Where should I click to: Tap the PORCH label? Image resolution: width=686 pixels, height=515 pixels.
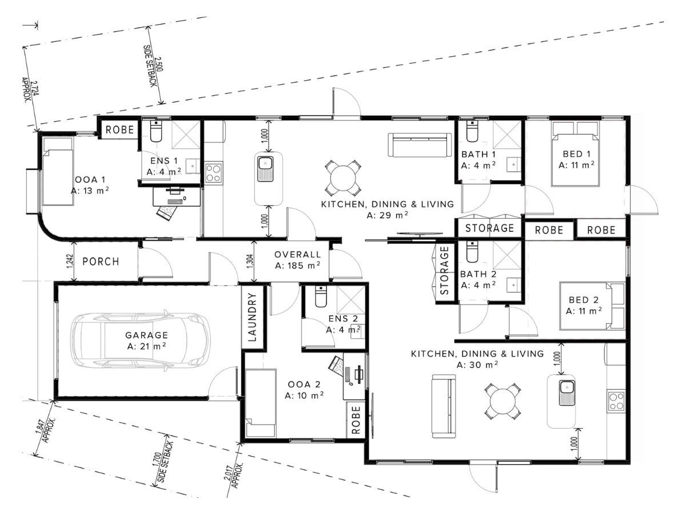pos(101,262)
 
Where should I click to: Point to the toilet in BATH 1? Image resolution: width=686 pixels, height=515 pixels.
pos(472,131)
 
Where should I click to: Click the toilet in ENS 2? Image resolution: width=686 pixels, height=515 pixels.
pos(320,296)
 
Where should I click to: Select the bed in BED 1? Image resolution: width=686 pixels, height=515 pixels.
pos(575,153)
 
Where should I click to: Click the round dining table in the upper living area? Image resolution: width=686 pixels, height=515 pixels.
pos(341,177)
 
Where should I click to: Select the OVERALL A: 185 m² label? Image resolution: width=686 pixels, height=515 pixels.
pos(297,260)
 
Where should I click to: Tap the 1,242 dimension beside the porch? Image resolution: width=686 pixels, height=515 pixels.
pos(70,262)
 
